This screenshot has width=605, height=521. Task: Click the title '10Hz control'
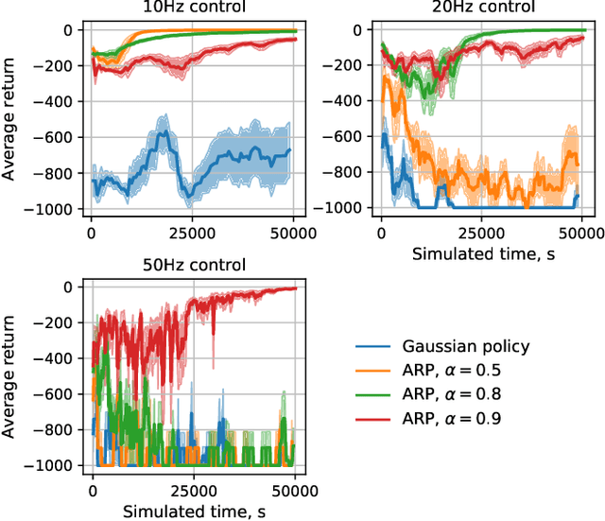click(x=192, y=8)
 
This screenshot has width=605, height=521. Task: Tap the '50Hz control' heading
click(x=192, y=265)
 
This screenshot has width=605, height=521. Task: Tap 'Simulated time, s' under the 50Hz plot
click(x=192, y=511)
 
